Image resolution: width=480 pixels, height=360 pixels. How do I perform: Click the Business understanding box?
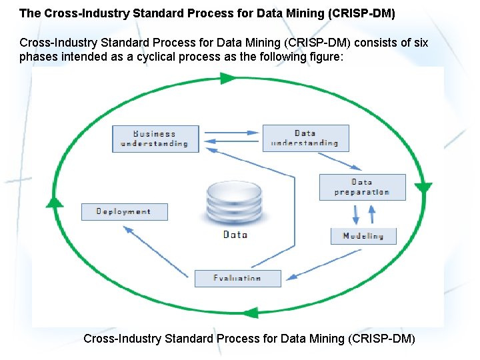pyautogui.click(x=155, y=139)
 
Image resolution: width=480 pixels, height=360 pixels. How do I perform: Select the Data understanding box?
pyautogui.click(x=305, y=138)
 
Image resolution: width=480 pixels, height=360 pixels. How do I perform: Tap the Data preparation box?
pyautogui.click(x=362, y=187)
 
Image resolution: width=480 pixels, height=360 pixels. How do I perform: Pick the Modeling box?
pyautogui.click(x=363, y=236)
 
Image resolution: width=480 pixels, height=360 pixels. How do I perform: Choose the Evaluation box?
pyautogui.click(x=237, y=278)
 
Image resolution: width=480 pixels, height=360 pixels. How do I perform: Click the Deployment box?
pyautogui.click(x=124, y=211)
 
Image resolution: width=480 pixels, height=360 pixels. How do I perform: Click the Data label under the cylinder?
pyautogui.click(x=235, y=235)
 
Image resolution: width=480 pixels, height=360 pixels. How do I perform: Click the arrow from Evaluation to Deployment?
pyautogui.click(x=155, y=251)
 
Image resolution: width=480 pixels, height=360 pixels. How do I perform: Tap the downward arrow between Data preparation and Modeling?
pyautogui.click(x=356, y=214)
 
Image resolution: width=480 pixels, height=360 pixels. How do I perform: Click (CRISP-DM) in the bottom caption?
pyautogui.click(x=381, y=339)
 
